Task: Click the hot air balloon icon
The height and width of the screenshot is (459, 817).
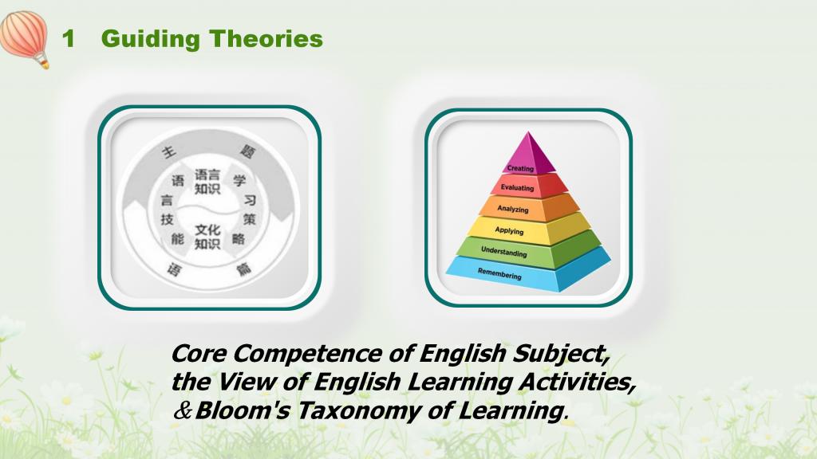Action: pos(25,38)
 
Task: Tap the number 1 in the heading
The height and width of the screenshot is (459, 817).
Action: pos(69,39)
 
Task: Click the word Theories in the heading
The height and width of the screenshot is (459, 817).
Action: pos(266,39)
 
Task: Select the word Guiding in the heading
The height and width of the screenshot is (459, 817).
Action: pos(151,40)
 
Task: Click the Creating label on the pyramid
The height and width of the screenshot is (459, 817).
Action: pos(520,168)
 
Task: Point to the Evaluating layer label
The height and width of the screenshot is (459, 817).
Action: pos(517,187)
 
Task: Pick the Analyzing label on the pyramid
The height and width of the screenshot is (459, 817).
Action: pos(513,209)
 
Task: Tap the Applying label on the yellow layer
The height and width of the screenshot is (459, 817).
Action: pos(509,230)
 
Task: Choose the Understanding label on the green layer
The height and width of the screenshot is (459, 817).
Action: pos(504,252)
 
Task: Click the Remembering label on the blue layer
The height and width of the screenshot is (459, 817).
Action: pos(499,273)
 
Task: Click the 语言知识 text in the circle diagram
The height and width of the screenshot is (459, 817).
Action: pos(207,182)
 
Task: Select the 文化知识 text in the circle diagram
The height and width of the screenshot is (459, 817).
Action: pos(207,237)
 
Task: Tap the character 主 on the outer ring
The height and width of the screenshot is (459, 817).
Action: pos(169,152)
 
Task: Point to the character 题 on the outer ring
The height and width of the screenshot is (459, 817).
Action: pos(247,151)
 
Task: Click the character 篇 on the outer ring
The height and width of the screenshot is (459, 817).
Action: pos(243,269)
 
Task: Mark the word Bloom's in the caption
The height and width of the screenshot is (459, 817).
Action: pos(243,410)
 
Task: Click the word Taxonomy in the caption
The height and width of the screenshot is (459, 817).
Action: pos(359,411)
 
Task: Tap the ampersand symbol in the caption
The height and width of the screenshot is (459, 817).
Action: pos(183,410)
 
